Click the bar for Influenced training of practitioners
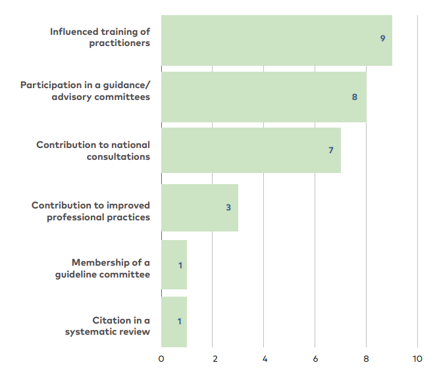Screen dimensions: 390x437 click(x=276, y=40)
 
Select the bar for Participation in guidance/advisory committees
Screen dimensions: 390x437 click(x=263, y=97)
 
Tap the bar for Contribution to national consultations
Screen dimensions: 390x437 click(x=251, y=151)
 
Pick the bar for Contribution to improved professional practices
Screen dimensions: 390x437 click(x=199, y=208)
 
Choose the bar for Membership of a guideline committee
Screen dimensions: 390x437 click(x=174, y=265)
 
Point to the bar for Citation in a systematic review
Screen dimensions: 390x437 click(x=174, y=322)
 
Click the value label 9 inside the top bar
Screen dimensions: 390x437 click(x=382, y=38)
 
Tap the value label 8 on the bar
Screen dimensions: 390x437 click(x=354, y=97)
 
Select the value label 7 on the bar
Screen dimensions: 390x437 click(x=331, y=151)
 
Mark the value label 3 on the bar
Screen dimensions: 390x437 click(x=228, y=207)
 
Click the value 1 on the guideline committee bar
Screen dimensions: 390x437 click(x=180, y=265)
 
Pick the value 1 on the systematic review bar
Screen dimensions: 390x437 click(x=180, y=322)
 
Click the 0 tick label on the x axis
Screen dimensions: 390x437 click(x=161, y=359)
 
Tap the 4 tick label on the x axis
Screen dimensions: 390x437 click(x=264, y=359)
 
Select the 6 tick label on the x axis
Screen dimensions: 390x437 click(x=315, y=359)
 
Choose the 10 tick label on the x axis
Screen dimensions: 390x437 click(x=417, y=359)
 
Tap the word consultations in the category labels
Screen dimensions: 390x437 click(x=118, y=157)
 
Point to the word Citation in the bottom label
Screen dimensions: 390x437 click(x=111, y=320)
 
